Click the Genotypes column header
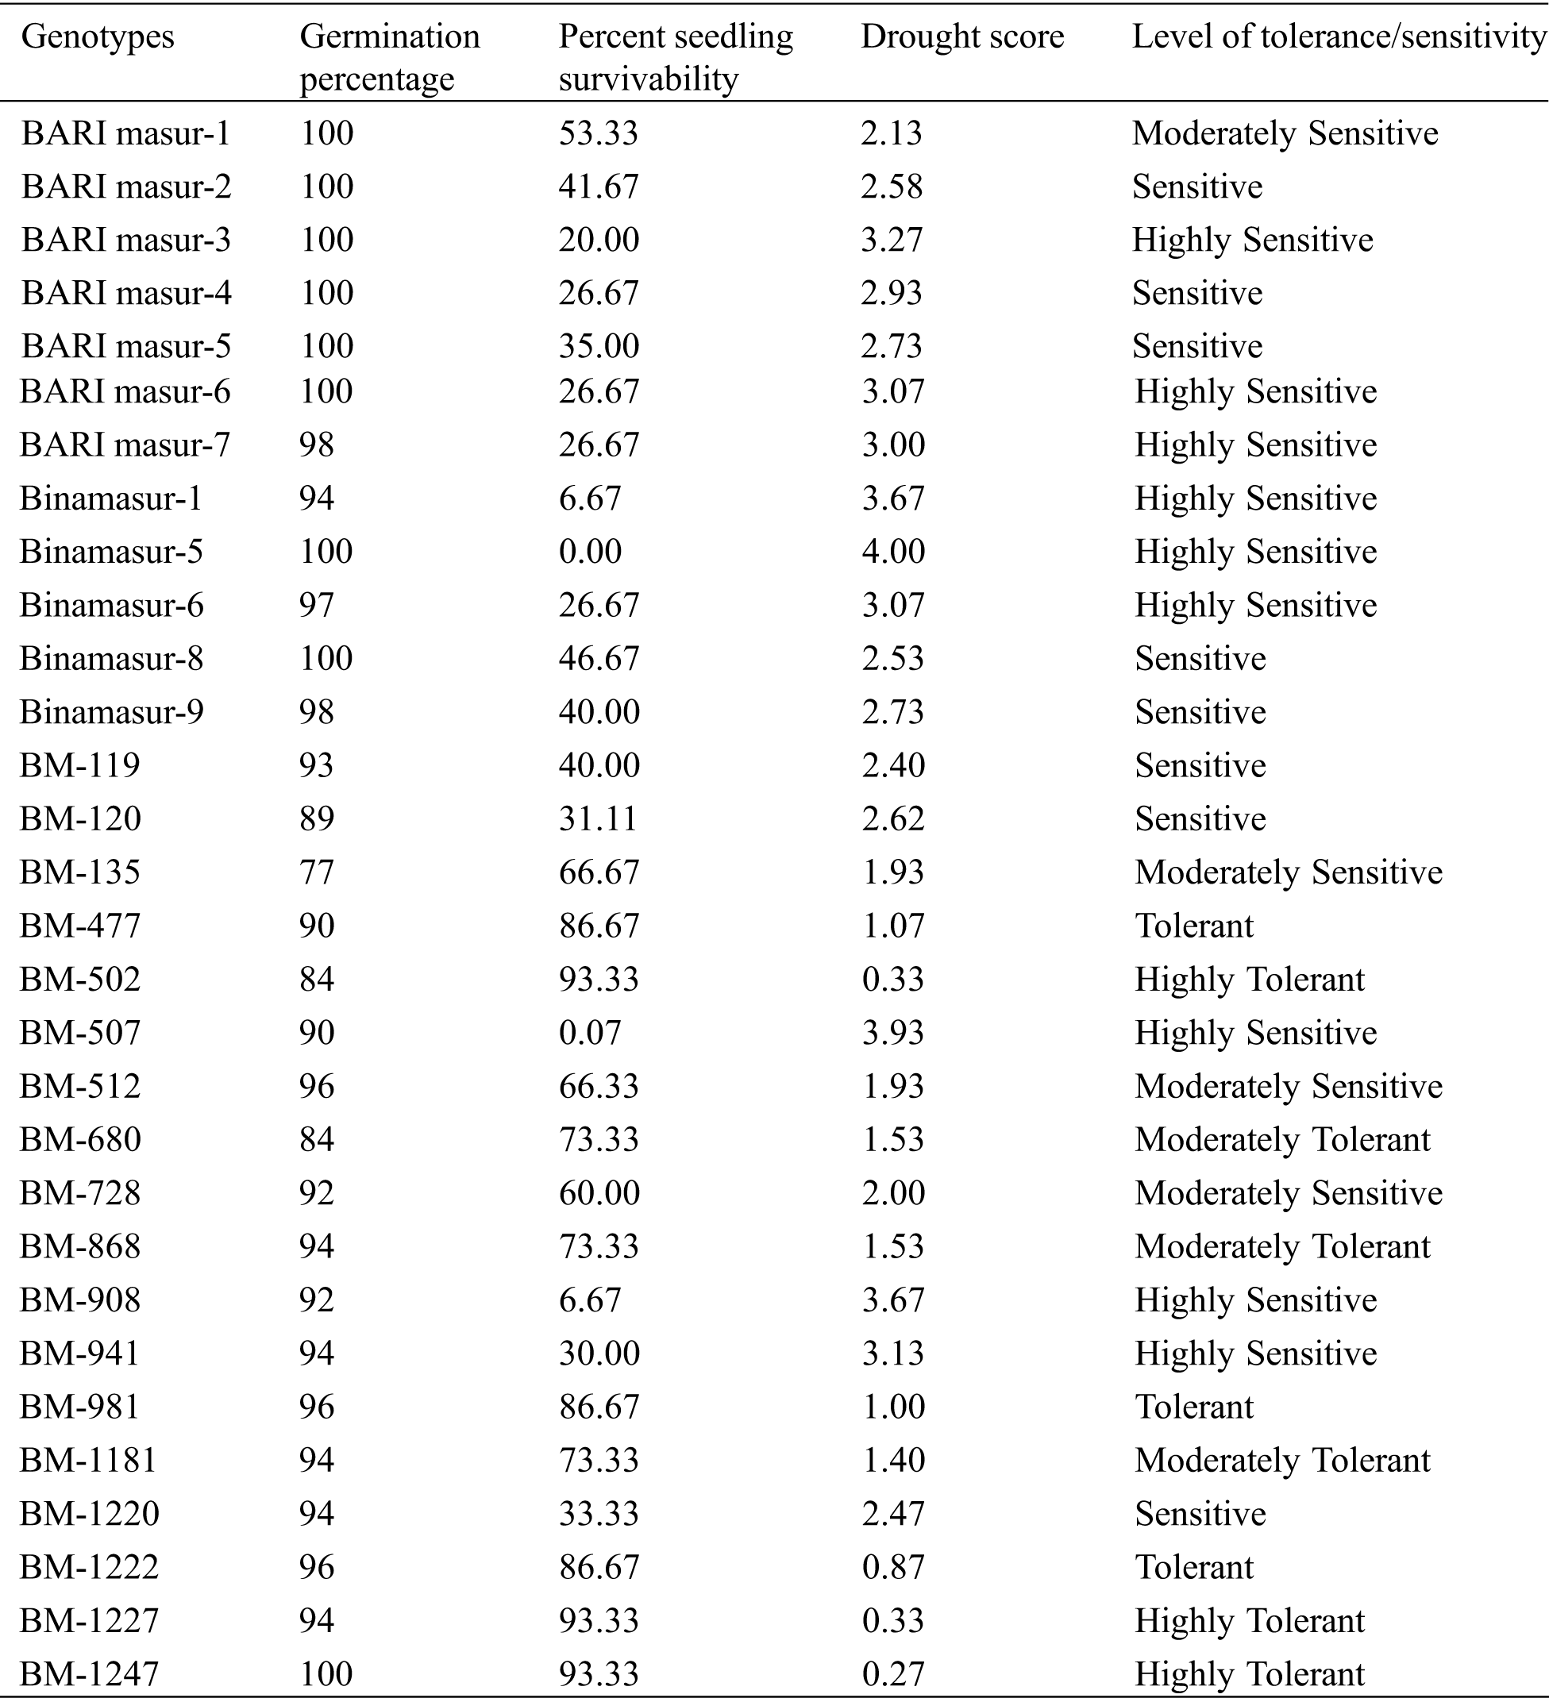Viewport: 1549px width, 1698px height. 97,37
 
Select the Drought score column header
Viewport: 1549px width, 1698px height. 962,37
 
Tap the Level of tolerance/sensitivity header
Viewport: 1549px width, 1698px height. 1339,37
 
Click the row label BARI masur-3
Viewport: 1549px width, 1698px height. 125,240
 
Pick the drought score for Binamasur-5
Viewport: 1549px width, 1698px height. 893,552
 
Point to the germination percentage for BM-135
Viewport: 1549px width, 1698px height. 317,872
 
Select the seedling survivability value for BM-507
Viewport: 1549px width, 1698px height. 590,1033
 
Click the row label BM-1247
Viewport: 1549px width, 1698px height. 88,1673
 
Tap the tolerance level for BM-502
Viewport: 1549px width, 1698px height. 1249,980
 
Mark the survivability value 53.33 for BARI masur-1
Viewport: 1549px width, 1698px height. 598,133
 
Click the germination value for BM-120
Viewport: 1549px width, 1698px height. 317,818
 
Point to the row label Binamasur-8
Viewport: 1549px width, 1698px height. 111,659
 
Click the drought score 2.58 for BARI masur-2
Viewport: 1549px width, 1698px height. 891,186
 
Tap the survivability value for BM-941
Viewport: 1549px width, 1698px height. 599,1353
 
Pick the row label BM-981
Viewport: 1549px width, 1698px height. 79,1407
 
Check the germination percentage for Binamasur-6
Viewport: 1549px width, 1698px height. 317,605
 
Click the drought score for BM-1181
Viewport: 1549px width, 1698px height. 893,1460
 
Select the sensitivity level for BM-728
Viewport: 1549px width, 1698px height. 1288,1193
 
